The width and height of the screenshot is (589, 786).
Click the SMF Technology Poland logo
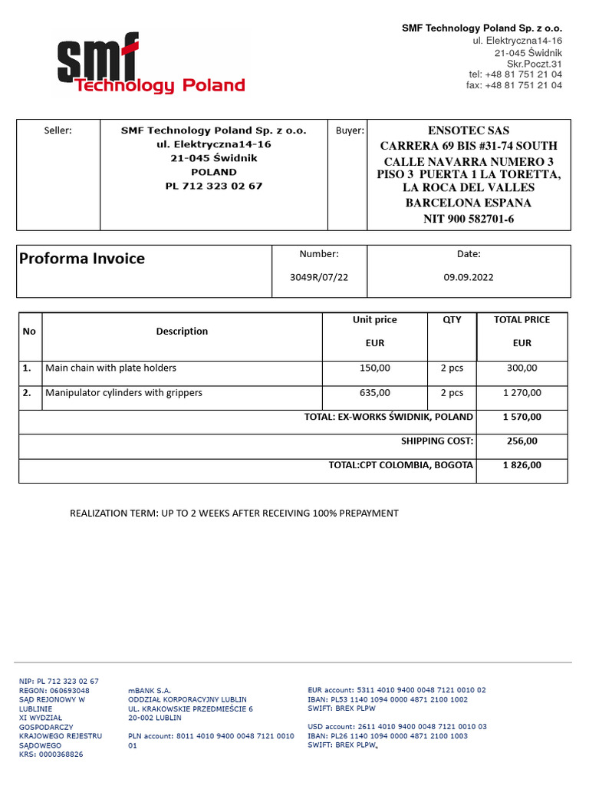(x=150, y=64)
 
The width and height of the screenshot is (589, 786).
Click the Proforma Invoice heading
(x=82, y=259)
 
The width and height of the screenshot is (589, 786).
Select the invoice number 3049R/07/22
(x=319, y=277)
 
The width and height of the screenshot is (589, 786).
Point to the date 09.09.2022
(x=469, y=277)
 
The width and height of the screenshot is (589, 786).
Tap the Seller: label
(x=58, y=130)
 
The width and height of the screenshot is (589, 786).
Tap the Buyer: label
(x=350, y=130)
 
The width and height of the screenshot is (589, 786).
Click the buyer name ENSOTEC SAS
(x=468, y=130)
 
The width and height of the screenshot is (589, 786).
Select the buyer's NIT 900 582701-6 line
(x=469, y=219)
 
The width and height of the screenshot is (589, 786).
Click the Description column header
(x=182, y=332)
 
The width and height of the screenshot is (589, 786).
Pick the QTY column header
(x=452, y=319)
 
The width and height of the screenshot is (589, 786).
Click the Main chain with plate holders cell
(x=111, y=368)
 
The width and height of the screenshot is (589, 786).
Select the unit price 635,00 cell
(x=374, y=393)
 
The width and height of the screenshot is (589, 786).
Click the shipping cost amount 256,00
(x=522, y=441)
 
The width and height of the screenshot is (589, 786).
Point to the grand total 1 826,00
(x=522, y=465)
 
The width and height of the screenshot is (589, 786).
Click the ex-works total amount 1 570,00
(x=522, y=417)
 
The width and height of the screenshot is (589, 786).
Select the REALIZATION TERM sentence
(x=234, y=513)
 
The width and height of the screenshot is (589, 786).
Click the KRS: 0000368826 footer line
(x=51, y=755)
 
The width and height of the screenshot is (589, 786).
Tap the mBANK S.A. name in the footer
(x=150, y=691)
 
